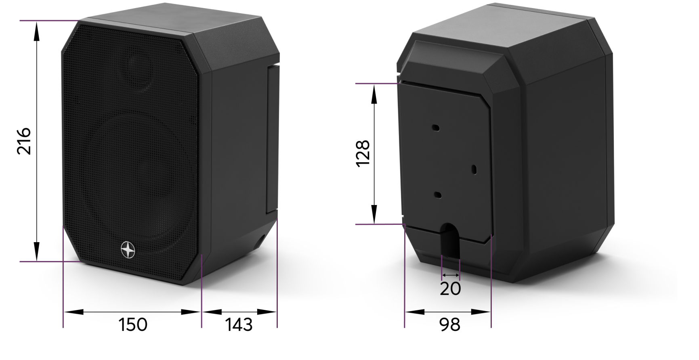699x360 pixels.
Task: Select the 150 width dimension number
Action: coord(133,324)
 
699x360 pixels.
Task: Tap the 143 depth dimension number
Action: coord(239,324)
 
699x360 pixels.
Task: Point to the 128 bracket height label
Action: coord(363,153)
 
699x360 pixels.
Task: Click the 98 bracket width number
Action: coord(450,324)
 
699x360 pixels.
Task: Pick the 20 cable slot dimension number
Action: coord(450,289)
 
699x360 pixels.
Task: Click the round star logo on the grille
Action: coord(128,250)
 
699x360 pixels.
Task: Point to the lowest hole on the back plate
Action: coord(438,195)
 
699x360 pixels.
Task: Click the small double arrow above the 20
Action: coord(451,275)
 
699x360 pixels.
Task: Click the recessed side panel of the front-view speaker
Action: coord(272,139)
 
